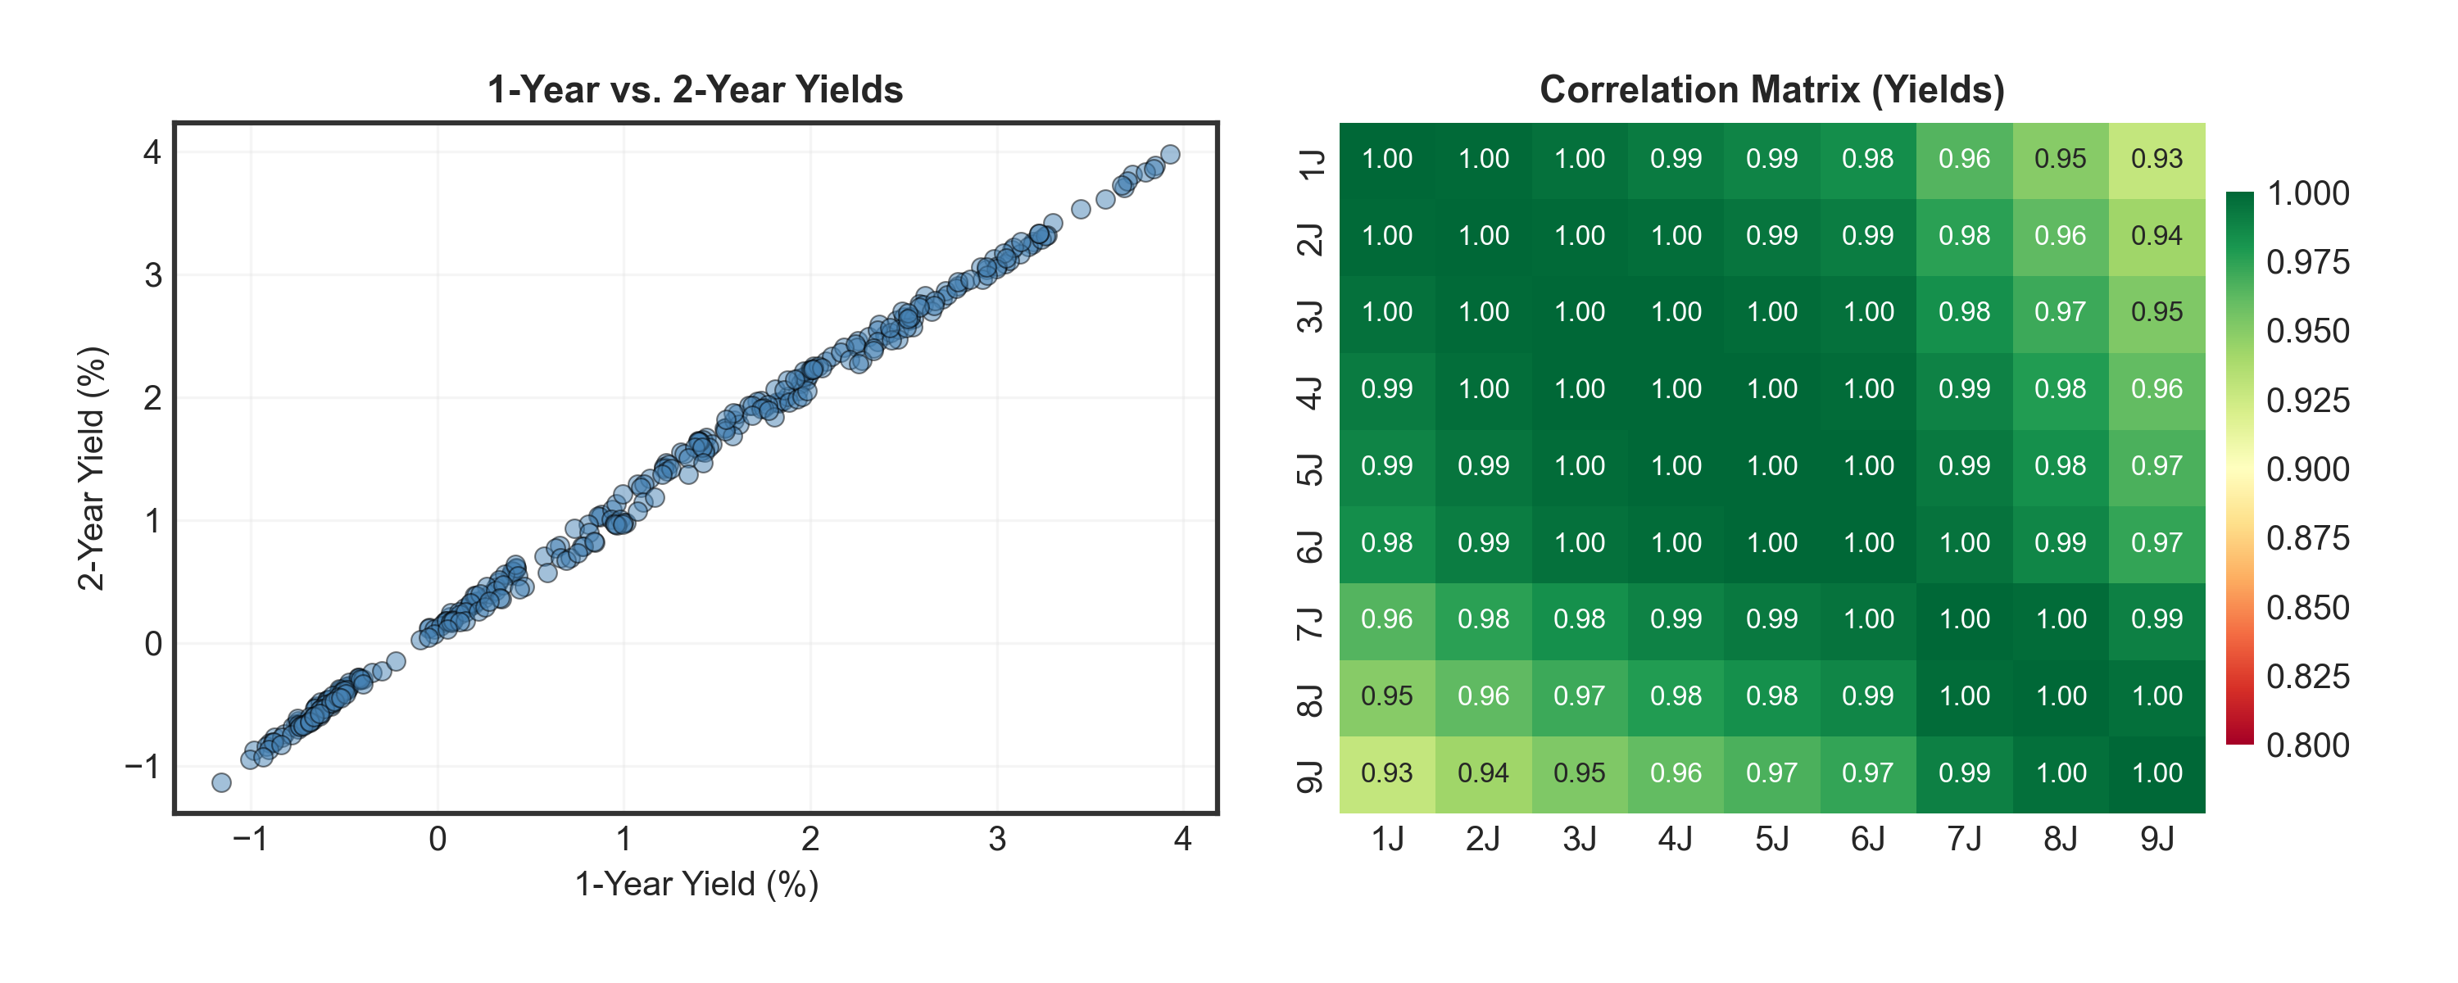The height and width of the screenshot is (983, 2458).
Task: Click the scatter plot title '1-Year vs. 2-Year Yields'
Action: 695,90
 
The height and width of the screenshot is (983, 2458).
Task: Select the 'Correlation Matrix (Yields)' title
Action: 1772,90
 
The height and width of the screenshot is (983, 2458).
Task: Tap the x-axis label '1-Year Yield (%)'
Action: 696,884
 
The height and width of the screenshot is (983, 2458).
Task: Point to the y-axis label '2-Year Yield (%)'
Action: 92,468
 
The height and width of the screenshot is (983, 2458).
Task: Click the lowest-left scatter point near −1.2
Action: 221,782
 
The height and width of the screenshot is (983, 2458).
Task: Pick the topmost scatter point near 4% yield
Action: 1170,155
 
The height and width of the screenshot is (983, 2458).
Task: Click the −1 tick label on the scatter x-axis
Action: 250,839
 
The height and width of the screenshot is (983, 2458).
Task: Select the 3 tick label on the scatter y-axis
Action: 152,276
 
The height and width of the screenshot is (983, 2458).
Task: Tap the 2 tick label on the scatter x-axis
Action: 810,839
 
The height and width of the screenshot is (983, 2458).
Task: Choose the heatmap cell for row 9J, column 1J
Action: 1386,773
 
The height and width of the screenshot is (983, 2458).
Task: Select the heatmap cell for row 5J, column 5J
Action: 1772,466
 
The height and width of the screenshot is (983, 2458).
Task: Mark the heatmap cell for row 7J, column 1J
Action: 1386,619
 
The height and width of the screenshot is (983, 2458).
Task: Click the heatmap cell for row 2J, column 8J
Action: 2060,236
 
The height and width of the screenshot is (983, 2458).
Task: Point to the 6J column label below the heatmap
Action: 1867,839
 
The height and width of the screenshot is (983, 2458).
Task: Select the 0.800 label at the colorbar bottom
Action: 2307,745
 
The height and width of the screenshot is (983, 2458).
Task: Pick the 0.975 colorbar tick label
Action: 2307,262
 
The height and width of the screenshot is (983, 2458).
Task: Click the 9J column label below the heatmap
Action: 2156,839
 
